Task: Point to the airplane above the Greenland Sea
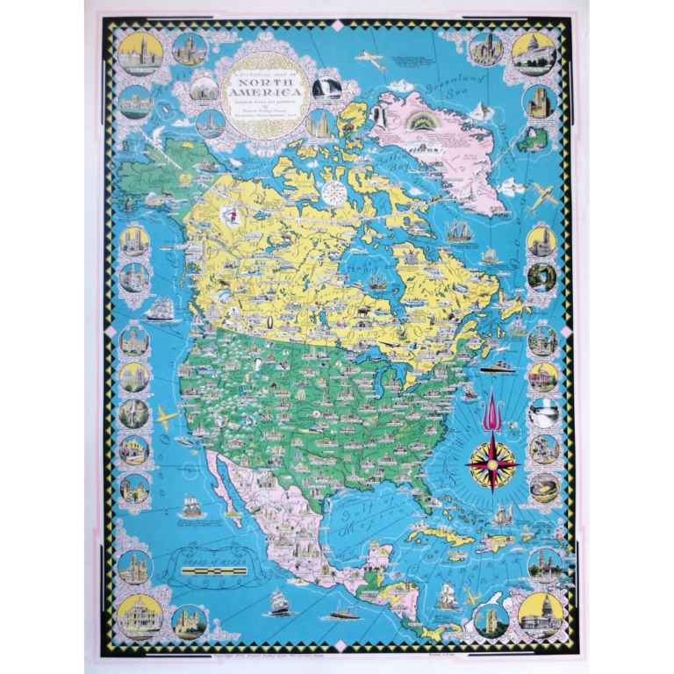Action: point(369,59)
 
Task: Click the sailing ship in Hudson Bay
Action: point(376,281)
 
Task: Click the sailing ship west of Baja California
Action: point(189,507)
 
